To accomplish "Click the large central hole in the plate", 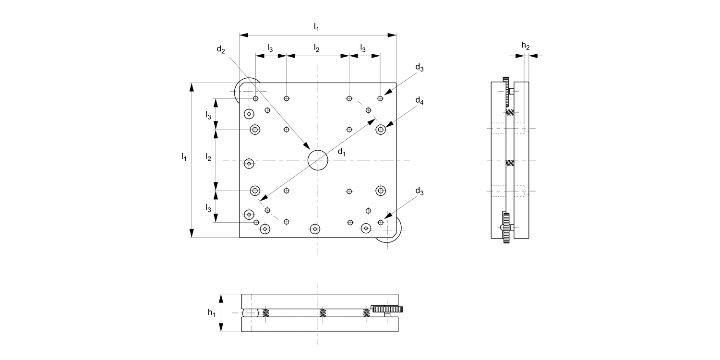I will [318, 160].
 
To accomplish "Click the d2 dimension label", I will [220, 49].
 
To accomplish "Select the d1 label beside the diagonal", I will [341, 152].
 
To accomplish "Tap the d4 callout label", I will [420, 101].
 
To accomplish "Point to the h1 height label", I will [211, 312].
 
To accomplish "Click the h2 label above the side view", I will [526, 46].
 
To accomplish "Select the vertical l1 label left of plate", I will [184, 156].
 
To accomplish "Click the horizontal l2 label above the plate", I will [316, 48].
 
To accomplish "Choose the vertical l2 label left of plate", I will [208, 156].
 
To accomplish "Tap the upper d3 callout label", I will [420, 68].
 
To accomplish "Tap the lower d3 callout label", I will [420, 192].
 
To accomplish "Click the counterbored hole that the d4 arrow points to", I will [381, 129].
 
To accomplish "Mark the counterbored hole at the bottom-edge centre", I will [315, 229].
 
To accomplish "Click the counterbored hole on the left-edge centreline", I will [249, 164].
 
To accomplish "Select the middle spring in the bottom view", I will [323, 313].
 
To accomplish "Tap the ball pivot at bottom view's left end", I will [251, 313].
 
